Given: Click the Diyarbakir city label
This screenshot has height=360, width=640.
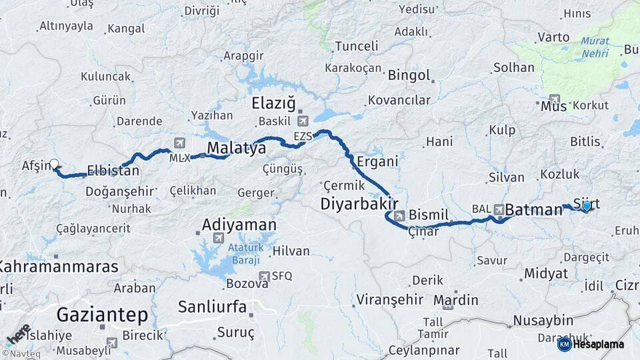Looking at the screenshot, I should [360, 203].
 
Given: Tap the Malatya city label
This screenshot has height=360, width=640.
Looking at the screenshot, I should [236, 147].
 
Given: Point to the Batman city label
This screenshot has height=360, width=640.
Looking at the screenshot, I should [534, 210].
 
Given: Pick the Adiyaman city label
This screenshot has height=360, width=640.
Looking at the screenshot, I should [239, 225].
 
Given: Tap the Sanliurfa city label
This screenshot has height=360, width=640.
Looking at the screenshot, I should [213, 307].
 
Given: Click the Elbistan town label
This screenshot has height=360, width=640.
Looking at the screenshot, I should [113, 171].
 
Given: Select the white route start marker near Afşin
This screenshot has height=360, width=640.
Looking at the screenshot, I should [54, 163].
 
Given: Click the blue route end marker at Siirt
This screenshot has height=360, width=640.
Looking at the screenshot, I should [586, 206].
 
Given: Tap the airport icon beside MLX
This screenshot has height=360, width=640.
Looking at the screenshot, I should [179, 143].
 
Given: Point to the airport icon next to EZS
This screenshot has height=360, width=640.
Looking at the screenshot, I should [303, 121].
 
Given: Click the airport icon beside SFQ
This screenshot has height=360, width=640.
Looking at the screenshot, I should [265, 276].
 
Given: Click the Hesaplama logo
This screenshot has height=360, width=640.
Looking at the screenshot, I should [591, 344].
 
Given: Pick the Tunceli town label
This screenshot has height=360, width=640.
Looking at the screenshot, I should [356, 46].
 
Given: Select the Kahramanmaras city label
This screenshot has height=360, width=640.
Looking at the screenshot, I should [59, 267].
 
